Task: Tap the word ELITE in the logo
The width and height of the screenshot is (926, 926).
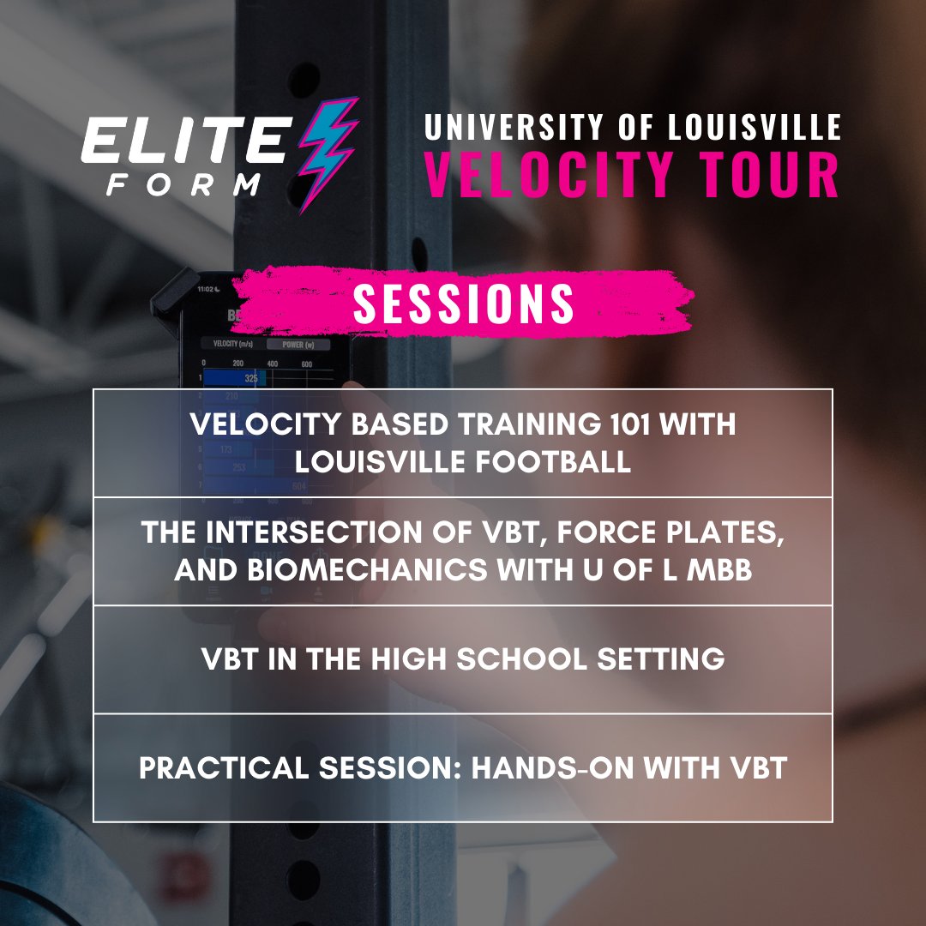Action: point(183,141)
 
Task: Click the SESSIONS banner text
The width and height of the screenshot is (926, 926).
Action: point(463,304)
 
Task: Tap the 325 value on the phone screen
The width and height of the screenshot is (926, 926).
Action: point(250,378)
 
